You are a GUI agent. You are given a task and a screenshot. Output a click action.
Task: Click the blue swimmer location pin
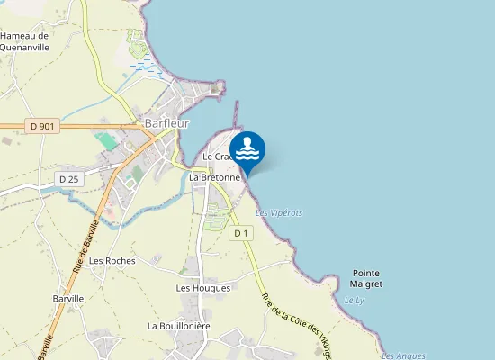(x=247, y=150)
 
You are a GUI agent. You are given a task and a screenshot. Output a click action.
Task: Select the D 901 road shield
(x=42, y=127)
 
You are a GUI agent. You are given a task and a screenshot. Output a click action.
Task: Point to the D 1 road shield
(x=239, y=234)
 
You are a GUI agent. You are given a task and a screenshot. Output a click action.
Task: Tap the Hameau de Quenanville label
(x=25, y=42)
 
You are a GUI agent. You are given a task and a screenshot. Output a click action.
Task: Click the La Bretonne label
(x=214, y=177)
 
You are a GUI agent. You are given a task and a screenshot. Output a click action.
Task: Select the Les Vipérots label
(x=279, y=213)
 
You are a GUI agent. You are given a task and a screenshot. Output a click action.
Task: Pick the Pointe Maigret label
(x=367, y=278)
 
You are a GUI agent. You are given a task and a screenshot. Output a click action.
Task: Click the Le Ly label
(x=353, y=300)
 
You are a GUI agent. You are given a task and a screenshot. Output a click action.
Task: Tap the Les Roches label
(x=112, y=261)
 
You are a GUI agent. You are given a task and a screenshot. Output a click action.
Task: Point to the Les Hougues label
(x=203, y=288)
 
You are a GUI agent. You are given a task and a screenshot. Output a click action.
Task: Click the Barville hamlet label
(x=68, y=298)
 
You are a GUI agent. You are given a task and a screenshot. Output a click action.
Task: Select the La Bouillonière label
(x=179, y=325)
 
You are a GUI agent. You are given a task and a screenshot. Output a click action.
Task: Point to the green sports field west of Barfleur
(x=106, y=141)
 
